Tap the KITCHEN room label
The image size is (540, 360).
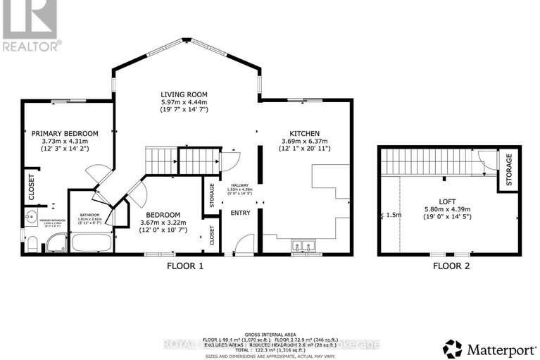click(305, 133)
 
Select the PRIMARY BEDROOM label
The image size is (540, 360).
click(64, 133)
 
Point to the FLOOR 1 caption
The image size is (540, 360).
click(185, 266)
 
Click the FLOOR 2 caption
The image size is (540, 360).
click(451, 266)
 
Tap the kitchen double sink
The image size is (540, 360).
click(305, 246)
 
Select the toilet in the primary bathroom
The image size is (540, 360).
click(32, 243)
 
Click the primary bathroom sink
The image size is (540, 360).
click(30, 217)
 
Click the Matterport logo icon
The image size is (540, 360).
click(453, 348)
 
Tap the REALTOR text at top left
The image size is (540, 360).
click(31, 46)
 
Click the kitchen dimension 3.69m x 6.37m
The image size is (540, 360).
click(305, 142)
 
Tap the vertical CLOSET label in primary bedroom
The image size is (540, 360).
click(31, 188)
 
